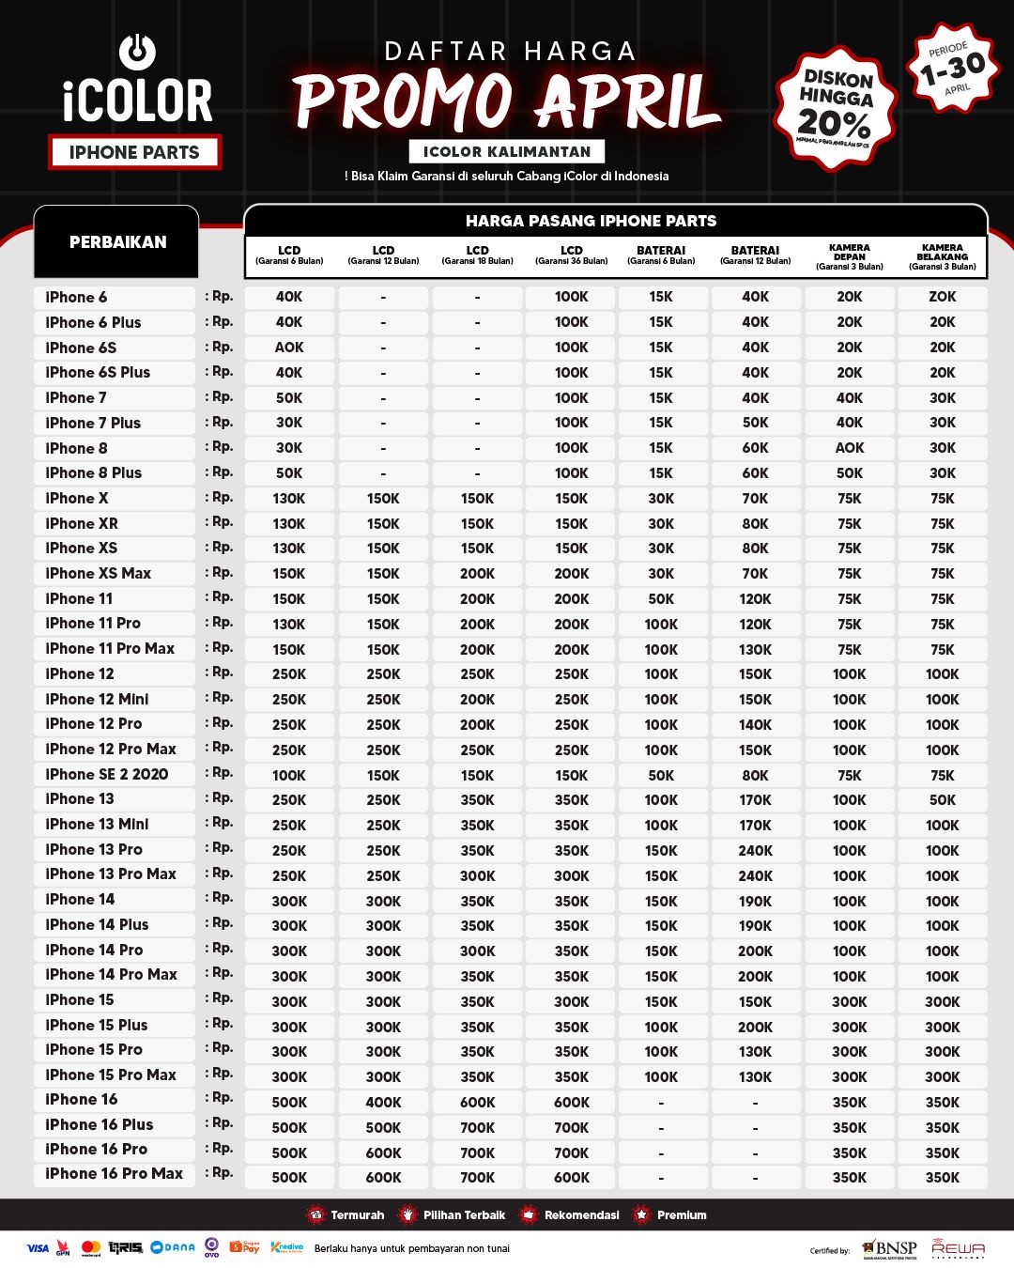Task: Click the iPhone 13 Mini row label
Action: click(x=97, y=825)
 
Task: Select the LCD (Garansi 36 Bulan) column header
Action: click(x=571, y=255)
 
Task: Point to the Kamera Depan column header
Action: click(x=849, y=256)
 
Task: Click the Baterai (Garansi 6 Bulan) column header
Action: click(x=661, y=255)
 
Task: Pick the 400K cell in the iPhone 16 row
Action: click(x=383, y=1102)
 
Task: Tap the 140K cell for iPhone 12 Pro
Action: click(x=755, y=724)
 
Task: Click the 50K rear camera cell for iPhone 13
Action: click(x=942, y=800)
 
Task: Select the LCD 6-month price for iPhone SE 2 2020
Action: click(x=289, y=775)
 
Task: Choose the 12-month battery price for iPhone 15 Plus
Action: click(x=755, y=1027)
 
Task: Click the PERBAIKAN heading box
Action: click(x=117, y=242)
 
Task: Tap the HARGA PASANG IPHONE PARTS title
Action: click(x=591, y=221)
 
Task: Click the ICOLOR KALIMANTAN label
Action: click(x=507, y=151)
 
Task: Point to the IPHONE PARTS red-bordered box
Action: click(x=134, y=152)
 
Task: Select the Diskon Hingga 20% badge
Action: click(x=836, y=108)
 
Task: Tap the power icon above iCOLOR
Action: click(x=137, y=52)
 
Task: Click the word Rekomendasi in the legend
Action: click(x=581, y=1214)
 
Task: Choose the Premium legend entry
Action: click(x=681, y=1214)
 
